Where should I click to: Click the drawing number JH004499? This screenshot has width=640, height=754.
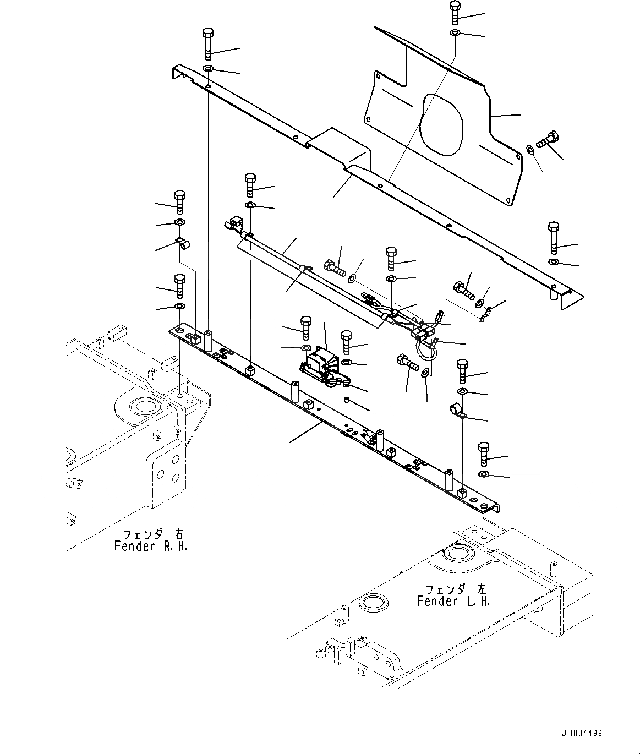click(582, 734)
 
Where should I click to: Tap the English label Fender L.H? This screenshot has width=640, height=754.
click(453, 601)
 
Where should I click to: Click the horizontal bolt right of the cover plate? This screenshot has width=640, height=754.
click(546, 139)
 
